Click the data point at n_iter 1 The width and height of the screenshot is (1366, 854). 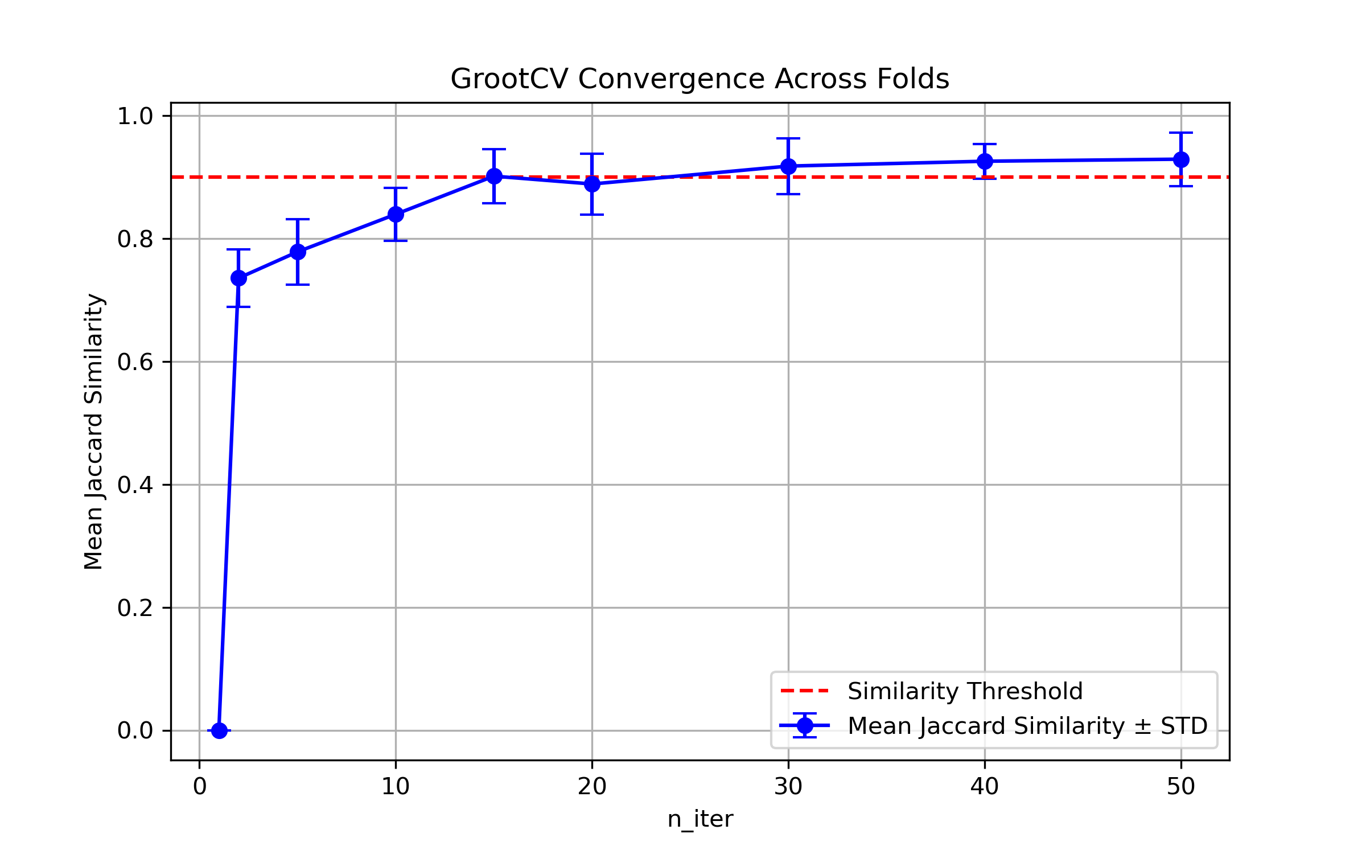point(219,730)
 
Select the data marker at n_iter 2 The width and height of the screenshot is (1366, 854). point(238,278)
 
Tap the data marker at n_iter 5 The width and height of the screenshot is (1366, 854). point(298,252)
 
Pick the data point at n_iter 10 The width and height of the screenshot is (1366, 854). point(396,214)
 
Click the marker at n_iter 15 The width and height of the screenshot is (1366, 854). point(494,176)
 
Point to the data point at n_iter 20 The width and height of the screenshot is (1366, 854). point(592,184)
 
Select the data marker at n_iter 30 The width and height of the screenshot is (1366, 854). point(788,166)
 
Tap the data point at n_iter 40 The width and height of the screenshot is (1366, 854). point(985,161)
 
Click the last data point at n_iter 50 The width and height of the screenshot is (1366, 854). point(1181,159)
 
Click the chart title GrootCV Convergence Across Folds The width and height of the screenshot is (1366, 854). point(700,79)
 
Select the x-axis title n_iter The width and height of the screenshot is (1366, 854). point(700,819)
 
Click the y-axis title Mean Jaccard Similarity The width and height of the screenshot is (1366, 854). point(94,431)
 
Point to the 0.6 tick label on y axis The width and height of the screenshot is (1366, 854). point(135,362)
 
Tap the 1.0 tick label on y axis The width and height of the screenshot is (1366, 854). point(135,116)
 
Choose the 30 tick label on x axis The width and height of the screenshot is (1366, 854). point(788,787)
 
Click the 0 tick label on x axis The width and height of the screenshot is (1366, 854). point(199,787)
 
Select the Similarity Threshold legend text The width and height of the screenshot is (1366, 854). point(965,691)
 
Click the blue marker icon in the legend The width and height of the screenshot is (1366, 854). point(805,725)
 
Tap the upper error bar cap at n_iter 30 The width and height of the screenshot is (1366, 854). point(788,138)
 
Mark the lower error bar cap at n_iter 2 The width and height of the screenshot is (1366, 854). point(238,307)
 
